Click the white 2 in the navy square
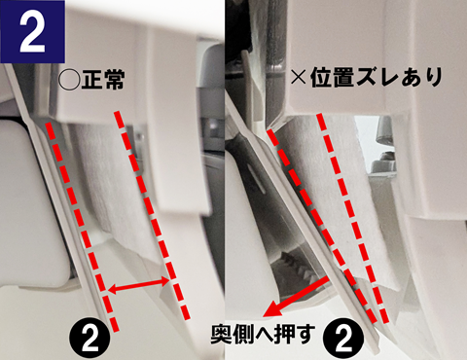click(x=32, y=32)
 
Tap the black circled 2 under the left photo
click(x=90, y=341)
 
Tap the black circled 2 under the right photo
click(x=343, y=341)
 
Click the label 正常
click(x=103, y=80)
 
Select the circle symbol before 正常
click(x=69, y=80)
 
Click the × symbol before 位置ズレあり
click(x=299, y=78)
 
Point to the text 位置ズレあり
click(x=377, y=78)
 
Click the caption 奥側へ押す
click(x=263, y=335)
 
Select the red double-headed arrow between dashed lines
click(x=138, y=285)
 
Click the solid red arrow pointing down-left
click(x=295, y=298)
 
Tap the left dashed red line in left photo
click(x=82, y=226)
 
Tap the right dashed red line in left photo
click(x=151, y=215)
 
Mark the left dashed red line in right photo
click(x=322, y=227)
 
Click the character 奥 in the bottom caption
click(x=222, y=335)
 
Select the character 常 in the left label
click(x=114, y=80)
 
